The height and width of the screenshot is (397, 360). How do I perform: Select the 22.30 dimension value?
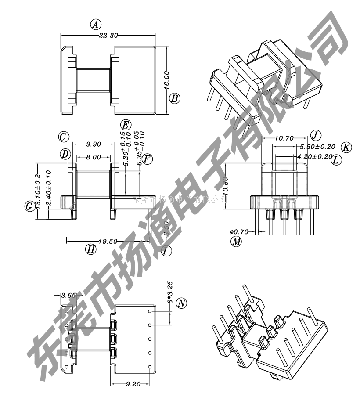point(108,36)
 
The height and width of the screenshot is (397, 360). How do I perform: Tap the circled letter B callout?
point(174,98)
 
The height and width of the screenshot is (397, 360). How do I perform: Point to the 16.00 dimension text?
point(166,80)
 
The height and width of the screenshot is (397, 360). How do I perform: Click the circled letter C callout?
point(64,137)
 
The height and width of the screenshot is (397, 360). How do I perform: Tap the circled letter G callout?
point(29,206)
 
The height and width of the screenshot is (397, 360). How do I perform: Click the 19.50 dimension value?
point(107,241)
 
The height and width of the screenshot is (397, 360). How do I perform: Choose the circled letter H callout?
point(91,249)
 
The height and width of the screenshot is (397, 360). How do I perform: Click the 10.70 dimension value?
point(284,138)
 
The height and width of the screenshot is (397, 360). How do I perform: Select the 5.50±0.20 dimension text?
point(317,147)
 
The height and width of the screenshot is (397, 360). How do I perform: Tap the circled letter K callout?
point(346,147)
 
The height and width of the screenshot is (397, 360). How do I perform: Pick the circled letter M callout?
point(237,241)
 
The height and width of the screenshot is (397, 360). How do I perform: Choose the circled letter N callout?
point(181,303)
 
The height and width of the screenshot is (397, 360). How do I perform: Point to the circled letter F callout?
point(148,159)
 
